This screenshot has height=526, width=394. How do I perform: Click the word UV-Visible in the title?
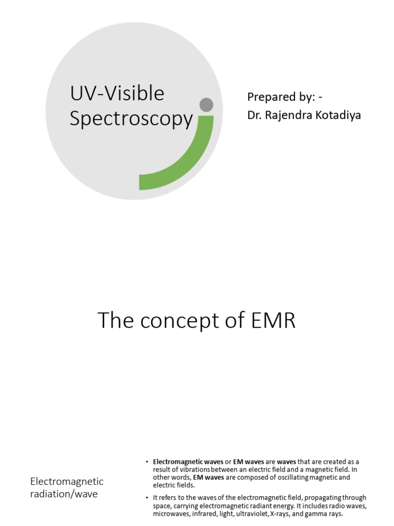[116, 93]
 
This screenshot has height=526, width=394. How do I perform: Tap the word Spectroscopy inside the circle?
[131, 119]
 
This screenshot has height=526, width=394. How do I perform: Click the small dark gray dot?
[206, 105]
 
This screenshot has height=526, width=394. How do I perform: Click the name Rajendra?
[290, 115]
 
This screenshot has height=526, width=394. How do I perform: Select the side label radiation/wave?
[64, 494]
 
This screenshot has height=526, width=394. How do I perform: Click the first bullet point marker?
[147, 462]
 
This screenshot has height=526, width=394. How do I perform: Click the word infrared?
[210, 514]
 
